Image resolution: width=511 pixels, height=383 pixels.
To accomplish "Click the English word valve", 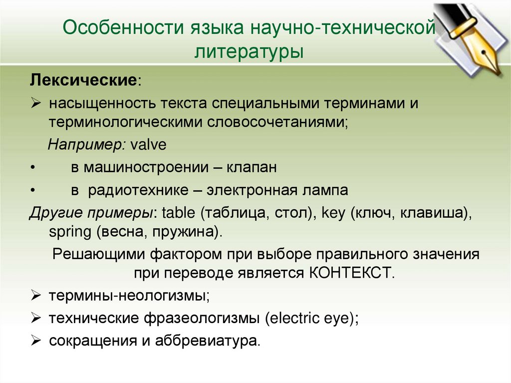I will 148,145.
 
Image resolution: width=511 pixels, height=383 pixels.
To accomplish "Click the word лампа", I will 325,190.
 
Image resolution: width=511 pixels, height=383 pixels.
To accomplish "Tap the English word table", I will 179,214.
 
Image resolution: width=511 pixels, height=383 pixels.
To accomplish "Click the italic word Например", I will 87,145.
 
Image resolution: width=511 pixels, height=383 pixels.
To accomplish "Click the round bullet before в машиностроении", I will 32,168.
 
